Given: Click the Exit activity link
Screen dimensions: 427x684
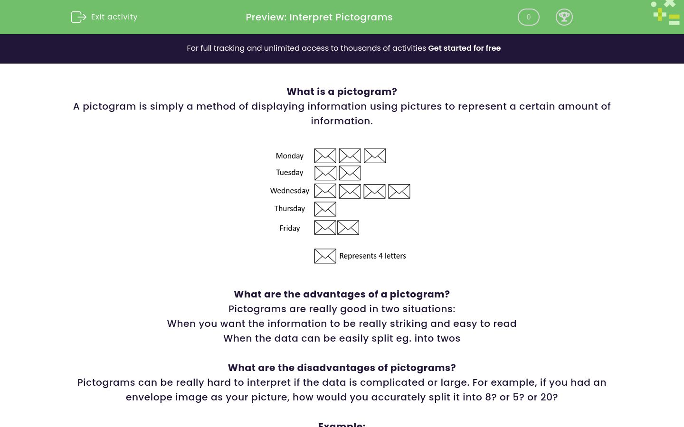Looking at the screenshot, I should (104, 17).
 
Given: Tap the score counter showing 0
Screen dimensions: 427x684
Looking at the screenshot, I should (528, 17).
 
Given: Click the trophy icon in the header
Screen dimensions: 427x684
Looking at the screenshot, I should (564, 17).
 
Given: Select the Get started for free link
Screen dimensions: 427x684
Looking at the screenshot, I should (464, 48).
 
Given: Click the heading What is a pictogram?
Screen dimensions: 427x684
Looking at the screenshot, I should (342, 92).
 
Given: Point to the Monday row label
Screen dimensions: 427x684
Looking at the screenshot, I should (289, 156).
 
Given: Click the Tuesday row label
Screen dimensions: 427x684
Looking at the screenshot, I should (289, 173).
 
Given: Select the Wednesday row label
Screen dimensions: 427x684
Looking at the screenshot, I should (289, 191).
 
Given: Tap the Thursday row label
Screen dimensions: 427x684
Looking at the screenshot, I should (289, 209).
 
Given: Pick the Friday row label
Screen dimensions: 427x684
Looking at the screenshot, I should (289, 228).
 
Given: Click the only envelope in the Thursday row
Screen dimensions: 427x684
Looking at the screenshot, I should (325, 209).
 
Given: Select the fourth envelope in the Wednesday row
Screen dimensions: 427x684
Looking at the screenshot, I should (399, 191).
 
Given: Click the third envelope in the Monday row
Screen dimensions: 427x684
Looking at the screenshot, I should (375, 156).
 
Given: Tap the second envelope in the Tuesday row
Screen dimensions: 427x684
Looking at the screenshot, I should (350, 173).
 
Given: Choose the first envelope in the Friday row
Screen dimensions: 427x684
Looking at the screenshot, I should (325, 228).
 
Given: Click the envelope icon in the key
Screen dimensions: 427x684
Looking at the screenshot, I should (325, 256).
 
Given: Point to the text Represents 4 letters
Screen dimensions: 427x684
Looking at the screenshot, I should (372, 256).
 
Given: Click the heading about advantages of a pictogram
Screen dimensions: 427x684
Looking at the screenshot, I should (342, 294).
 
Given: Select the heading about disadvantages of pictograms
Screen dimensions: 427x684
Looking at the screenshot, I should (342, 368).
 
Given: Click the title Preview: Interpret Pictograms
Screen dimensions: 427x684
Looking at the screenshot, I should (319, 17).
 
